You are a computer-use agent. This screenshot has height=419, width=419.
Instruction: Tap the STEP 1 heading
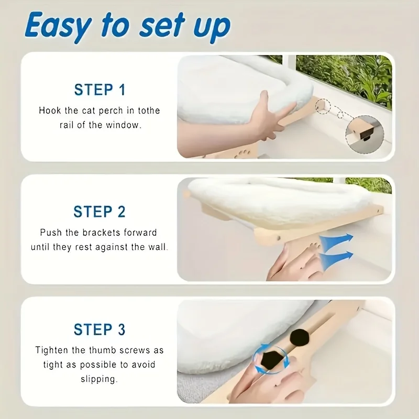100,90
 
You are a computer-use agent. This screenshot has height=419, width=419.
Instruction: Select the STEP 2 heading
100,212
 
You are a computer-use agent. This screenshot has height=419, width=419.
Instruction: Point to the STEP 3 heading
100,329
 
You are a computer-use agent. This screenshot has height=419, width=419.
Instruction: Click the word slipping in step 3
99,379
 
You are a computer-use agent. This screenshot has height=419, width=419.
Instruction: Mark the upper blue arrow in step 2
336,240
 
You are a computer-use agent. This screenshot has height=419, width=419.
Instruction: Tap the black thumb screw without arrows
300,337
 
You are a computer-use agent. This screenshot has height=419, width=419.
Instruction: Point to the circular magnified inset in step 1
365,134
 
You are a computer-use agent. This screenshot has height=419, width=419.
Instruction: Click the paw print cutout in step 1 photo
244,154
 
